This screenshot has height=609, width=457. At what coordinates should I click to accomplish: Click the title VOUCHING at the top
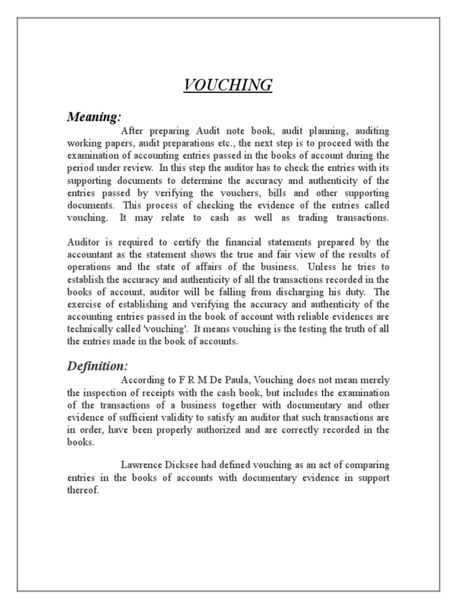228,86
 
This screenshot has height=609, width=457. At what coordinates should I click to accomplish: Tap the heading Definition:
97,366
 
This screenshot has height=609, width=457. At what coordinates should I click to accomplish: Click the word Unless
338,268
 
